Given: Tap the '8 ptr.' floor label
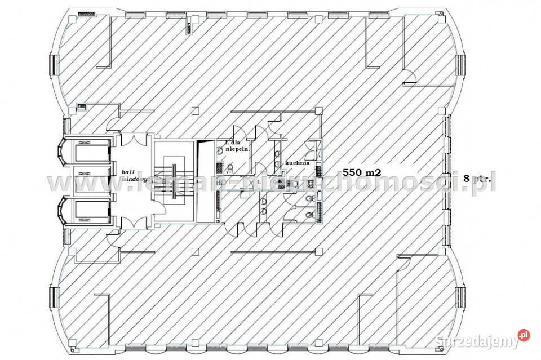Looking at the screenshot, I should point(477,178).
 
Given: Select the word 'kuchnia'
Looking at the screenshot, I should point(297,162).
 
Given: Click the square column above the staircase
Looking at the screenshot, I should point(195,110).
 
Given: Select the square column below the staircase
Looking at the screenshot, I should point(195,251).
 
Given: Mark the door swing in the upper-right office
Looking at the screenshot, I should point(410,79).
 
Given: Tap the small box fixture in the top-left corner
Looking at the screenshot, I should point(86,12).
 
